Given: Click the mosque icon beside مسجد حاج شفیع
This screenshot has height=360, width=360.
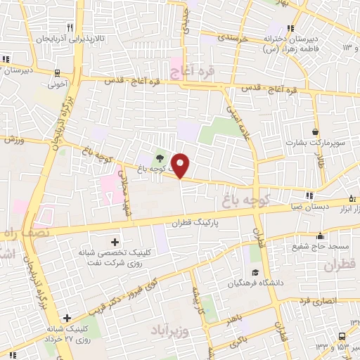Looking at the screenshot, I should tap(320, 236).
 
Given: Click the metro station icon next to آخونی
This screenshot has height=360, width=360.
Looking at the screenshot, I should tap(57, 71).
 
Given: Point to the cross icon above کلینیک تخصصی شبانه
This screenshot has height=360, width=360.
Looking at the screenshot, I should tap(115, 242).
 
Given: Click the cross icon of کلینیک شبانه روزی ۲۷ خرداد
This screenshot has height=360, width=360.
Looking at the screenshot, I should tap(66, 318).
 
